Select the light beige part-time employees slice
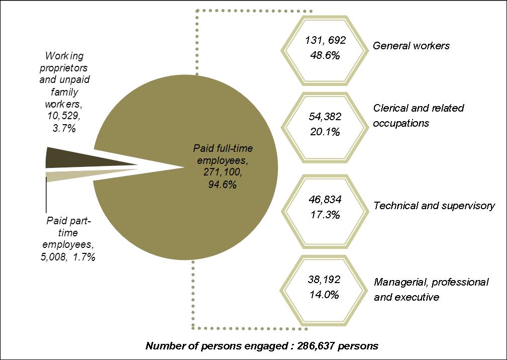70,174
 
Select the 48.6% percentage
326,55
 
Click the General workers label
411,46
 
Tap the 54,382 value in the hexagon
325,117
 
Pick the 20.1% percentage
326,132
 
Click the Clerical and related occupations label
418,115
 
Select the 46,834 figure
325,200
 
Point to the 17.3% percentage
326,215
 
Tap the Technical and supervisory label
434,206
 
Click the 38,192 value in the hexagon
325,278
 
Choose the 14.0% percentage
326,294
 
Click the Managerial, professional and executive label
431,290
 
